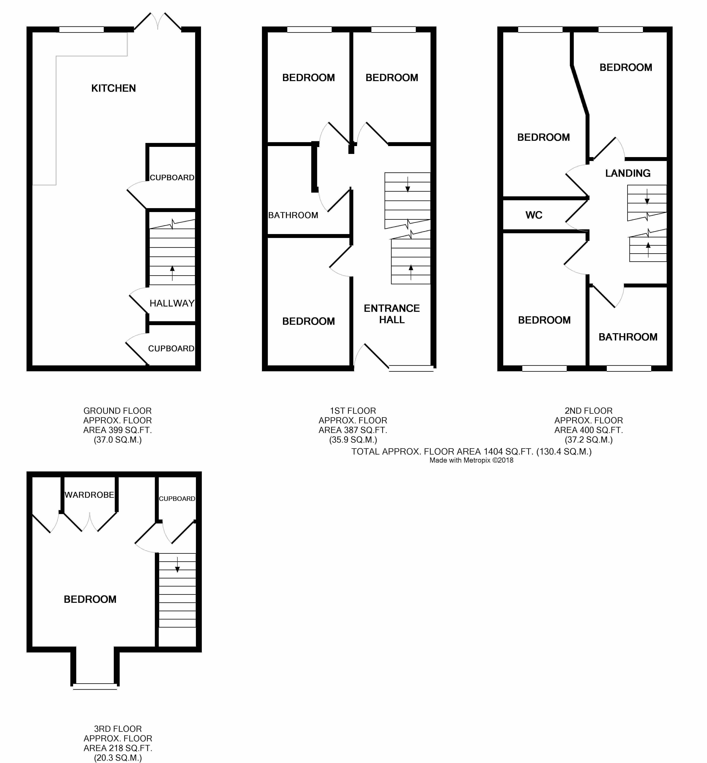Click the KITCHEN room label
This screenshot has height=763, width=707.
114,88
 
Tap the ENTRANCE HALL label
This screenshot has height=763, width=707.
392,314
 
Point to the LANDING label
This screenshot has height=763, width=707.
628,173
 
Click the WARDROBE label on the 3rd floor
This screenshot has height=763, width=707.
90,495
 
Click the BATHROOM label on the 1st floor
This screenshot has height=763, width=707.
293,215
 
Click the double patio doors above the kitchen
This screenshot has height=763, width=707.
158,22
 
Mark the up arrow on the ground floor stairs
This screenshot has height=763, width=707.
172,273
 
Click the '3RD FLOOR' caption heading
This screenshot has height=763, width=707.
118,729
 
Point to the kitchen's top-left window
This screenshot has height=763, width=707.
82,29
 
